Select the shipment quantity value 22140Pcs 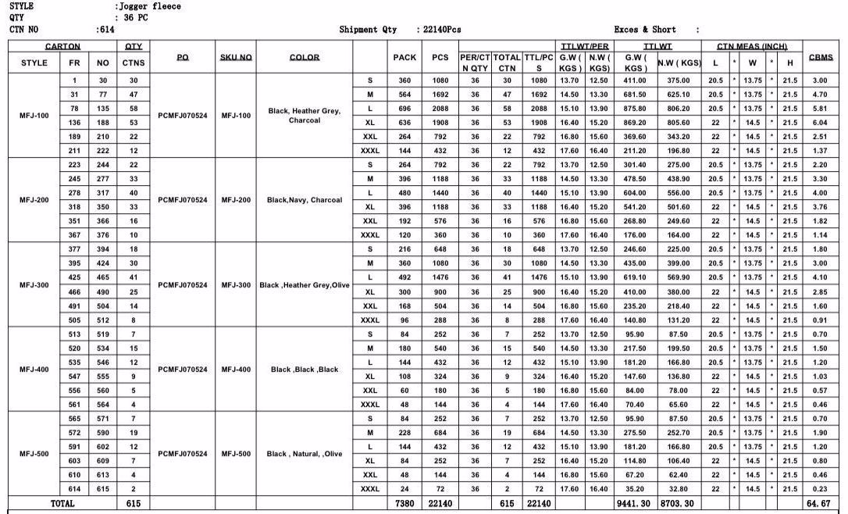click(x=442, y=30)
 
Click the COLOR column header click(x=305, y=57)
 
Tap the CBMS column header click(x=821, y=57)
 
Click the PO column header click(x=183, y=57)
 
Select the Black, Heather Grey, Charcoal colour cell click(x=305, y=116)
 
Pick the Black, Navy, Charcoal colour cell click(x=305, y=200)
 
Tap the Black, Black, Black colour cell click(x=305, y=369)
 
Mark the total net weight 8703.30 click(x=677, y=504)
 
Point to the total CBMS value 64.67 click(x=820, y=504)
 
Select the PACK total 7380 click(x=404, y=504)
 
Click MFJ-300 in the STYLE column click(x=34, y=285)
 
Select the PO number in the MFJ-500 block click(x=183, y=454)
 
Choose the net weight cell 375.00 click(x=678, y=81)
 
